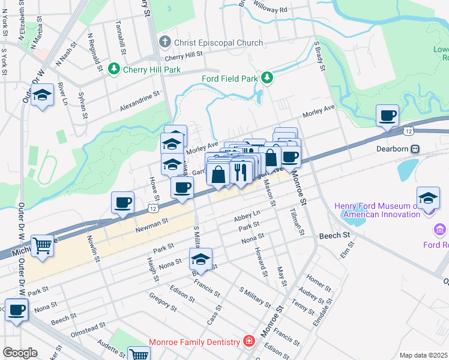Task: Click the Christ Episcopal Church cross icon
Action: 165,43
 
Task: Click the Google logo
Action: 19,353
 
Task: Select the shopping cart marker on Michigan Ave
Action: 42,245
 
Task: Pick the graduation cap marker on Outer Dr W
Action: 42,96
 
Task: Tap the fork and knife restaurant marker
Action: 241,173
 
